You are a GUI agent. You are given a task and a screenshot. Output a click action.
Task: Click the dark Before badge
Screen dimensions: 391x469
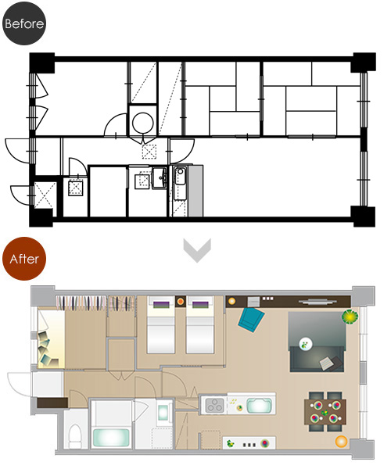[x=24, y=23]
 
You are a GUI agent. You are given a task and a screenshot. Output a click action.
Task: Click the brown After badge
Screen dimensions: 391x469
[x=24, y=259]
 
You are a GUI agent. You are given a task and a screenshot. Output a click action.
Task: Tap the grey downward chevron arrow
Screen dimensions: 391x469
[x=197, y=250]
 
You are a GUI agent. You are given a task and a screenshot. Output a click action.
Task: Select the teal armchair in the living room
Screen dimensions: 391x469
[x=251, y=320]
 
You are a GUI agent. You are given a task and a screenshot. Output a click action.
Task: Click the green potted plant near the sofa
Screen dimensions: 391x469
[x=350, y=317]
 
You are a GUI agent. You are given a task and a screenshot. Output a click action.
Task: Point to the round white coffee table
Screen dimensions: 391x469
[x=306, y=344]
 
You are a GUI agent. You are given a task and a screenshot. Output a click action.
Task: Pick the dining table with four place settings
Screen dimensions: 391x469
[x=325, y=412]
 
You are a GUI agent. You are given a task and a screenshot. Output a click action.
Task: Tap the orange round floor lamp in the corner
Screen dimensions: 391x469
[x=341, y=442]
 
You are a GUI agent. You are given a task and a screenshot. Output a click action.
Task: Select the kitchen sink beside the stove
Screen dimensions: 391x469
[x=259, y=406]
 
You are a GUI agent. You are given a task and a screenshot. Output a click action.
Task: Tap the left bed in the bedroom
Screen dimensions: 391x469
[x=160, y=325]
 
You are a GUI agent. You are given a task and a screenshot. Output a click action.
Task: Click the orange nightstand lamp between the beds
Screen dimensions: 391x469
[x=181, y=302]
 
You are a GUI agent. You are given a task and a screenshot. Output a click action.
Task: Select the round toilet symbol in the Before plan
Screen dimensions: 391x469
[x=143, y=123]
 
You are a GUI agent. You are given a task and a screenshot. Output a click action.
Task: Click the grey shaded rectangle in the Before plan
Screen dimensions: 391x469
[x=195, y=191]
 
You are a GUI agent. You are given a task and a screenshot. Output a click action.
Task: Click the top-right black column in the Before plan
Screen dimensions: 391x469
[x=364, y=63]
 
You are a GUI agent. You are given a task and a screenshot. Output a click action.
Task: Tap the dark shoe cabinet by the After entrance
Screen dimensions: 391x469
[x=52, y=403]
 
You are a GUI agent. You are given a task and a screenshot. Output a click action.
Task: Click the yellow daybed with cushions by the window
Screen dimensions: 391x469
[x=52, y=339]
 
